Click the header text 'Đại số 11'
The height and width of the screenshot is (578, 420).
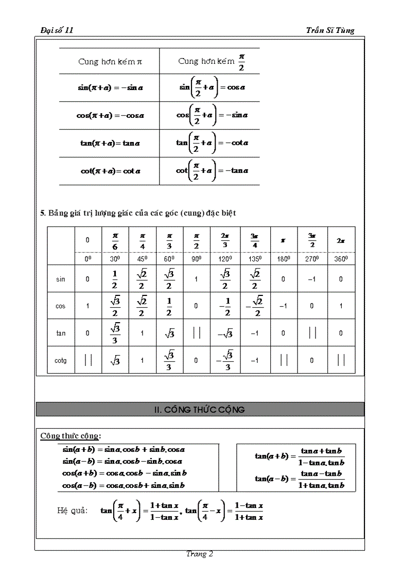pyautogui.click(x=57, y=30)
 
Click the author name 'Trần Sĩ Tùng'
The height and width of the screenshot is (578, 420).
pyautogui.click(x=330, y=30)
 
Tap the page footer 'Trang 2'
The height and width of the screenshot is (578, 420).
pyautogui.click(x=200, y=554)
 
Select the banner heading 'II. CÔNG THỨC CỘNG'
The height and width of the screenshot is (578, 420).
pyautogui.click(x=200, y=410)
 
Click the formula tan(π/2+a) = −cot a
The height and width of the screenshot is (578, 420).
pyautogui.click(x=211, y=143)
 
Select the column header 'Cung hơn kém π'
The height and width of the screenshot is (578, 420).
pyautogui.click(x=110, y=62)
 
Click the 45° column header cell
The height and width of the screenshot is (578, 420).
pyautogui.click(x=143, y=259)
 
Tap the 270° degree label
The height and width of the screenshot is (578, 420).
pyautogui.click(x=312, y=259)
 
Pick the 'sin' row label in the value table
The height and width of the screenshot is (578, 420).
pyautogui.click(x=61, y=279)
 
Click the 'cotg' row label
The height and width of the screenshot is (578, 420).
pyautogui.click(x=61, y=361)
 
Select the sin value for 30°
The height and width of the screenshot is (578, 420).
pyautogui.click(x=115, y=279)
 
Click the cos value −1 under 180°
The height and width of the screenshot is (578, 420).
pyautogui.click(x=283, y=306)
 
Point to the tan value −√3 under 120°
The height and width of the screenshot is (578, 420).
pyautogui.click(x=225, y=334)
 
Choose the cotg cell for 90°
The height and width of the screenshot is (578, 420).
pyautogui.click(x=196, y=361)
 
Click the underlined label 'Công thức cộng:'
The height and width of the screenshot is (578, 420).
pyautogui.click(x=71, y=436)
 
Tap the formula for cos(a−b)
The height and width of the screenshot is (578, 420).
pyautogui.click(x=124, y=485)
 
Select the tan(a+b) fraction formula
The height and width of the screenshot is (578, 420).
pyautogui.click(x=299, y=456)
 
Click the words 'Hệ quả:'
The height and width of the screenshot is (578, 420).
pyautogui.click(x=72, y=511)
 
